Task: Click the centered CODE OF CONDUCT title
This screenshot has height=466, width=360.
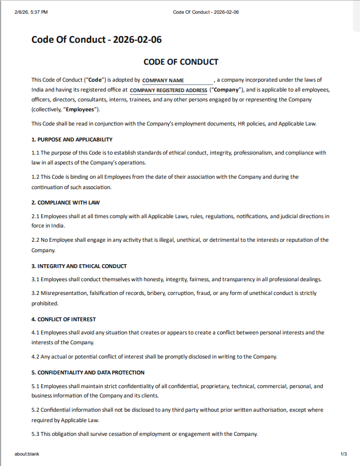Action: (181, 62)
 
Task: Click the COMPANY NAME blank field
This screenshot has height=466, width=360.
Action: (177, 81)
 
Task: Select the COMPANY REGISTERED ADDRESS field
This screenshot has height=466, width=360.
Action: (168, 90)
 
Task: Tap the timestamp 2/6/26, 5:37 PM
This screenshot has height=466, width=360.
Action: (31, 13)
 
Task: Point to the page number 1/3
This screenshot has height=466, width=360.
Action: (344, 454)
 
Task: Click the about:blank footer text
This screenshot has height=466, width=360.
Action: (27, 454)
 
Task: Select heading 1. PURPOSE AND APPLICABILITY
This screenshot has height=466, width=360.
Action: (72, 140)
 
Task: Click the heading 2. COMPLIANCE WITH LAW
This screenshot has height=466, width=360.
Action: (65, 203)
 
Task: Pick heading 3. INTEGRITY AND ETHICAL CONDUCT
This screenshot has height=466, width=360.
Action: (79, 266)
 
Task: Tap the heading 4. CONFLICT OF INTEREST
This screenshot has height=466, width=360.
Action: (64, 319)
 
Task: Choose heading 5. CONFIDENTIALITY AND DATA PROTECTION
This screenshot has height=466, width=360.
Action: (88, 373)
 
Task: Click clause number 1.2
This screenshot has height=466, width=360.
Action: (35, 177)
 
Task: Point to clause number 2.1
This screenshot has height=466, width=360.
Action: (35, 217)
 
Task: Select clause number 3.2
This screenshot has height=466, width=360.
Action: (35, 293)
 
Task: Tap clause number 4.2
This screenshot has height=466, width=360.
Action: (35, 357)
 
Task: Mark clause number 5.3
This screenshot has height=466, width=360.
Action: (35, 434)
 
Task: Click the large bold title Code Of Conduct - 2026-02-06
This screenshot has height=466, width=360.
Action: (97, 40)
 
